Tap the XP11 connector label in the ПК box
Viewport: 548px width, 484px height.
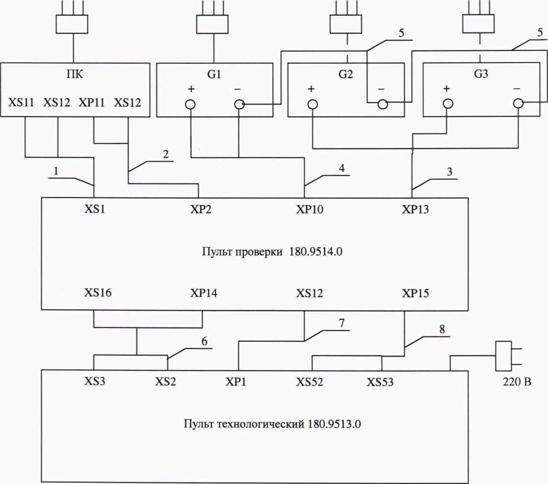click(93, 102)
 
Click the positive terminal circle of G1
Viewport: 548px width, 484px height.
click(190, 105)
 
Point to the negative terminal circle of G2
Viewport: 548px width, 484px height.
click(382, 104)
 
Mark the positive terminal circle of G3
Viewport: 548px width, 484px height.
click(447, 104)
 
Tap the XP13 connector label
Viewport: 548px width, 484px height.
click(416, 209)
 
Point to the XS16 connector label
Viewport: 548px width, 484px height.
click(98, 294)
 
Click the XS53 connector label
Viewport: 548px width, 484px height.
click(380, 382)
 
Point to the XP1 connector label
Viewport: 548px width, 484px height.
click(236, 382)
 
